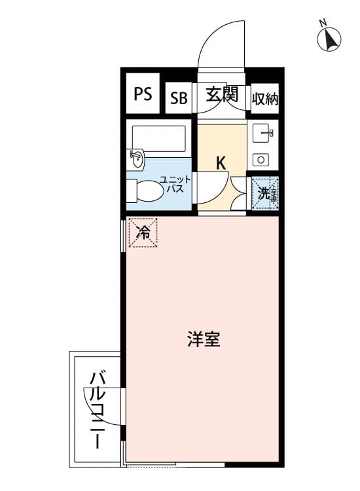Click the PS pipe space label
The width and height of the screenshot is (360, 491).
click(x=143, y=94)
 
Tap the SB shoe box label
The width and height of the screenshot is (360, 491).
click(x=179, y=98)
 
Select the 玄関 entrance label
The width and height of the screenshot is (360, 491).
click(x=222, y=94)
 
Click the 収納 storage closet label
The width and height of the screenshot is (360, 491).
click(x=265, y=100)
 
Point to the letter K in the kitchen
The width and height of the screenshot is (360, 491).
click(x=221, y=163)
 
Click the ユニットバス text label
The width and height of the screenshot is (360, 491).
click(x=175, y=184)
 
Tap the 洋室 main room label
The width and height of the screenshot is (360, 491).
click(x=204, y=339)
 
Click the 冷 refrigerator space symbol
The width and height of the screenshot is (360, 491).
click(x=143, y=232)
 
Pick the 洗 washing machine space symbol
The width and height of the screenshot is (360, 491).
click(x=265, y=194)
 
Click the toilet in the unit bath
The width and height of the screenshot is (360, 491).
click(x=145, y=191)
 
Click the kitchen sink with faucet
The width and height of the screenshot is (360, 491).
click(x=263, y=133)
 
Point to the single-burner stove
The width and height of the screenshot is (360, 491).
click(x=261, y=160)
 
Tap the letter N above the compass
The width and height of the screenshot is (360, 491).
click(x=323, y=23)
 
